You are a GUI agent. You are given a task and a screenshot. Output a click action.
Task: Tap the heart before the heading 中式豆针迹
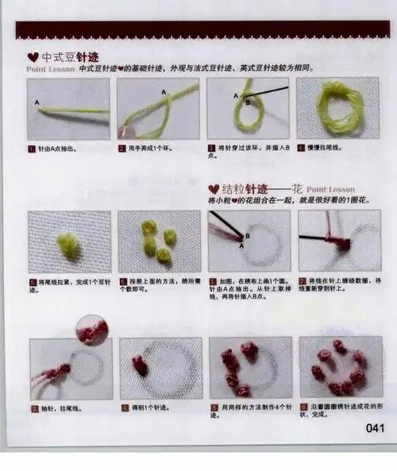[x=32, y=57]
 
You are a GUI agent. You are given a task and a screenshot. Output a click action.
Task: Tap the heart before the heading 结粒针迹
[x=213, y=189]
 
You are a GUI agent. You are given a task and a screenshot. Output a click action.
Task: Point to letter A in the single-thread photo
[x=37, y=102]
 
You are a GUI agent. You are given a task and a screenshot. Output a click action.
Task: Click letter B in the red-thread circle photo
[x=246, y=236]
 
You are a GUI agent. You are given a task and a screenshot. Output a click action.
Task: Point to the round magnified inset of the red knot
[x=93, y=330]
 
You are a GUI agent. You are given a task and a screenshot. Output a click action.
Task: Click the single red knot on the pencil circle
[x=141, y=365]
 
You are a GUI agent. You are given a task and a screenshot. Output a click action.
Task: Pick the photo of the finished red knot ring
[x=340, y=367]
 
